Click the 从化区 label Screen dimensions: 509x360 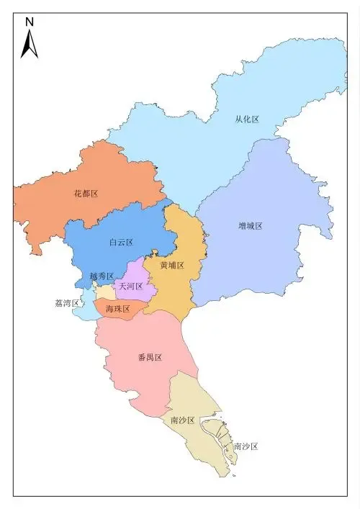(x=247, y=120)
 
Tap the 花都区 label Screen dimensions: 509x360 (x=86, y=194)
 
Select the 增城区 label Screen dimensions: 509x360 (x=250, y=225)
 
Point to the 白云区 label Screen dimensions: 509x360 (x=121, y=243)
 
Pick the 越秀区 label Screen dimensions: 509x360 (x=102, y=276)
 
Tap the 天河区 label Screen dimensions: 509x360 (x=131, y=286)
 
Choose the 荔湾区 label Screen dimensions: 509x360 (x=67, y=303)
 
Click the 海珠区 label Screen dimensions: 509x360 (x=117, y=309)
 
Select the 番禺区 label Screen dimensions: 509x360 (x=149, y=357)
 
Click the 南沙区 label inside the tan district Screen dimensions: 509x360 (x=182, y=420)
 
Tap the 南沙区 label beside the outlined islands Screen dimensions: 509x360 (x=246, y=446)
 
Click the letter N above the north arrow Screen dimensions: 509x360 (x=30, y=22)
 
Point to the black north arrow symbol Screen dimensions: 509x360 (x=30, y=44)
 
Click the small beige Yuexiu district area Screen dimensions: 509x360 (x=105, y=292)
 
